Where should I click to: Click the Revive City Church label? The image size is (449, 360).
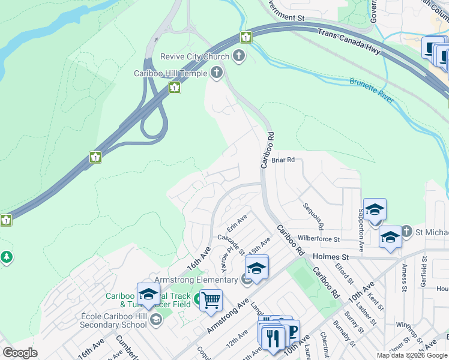click(194, 57)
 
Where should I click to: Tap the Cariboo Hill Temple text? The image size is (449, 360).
click(170, 73)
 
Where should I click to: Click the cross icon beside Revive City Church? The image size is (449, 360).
click(239, 57)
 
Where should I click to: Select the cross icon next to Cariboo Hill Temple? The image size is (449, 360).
click(216, 73)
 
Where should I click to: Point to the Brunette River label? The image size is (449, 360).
click(372, 89)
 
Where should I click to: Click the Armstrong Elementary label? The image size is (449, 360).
click(196, 280)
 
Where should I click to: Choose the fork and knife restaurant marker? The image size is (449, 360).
click(273, 337)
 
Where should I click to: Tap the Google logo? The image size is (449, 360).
click(20, 353)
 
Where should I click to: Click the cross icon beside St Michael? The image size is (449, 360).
click(406, 232)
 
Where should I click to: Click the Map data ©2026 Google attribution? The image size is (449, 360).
click(412, 355)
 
